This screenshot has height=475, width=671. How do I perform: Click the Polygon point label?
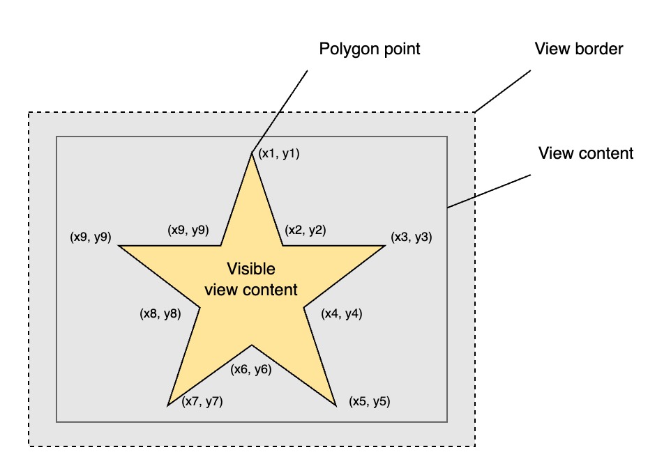370,49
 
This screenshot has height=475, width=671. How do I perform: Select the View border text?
578,49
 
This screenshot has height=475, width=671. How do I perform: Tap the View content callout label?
586,153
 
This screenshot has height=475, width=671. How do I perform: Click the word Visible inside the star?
251,269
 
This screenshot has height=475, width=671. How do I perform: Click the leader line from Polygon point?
279,111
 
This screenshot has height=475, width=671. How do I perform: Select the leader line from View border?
502,91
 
